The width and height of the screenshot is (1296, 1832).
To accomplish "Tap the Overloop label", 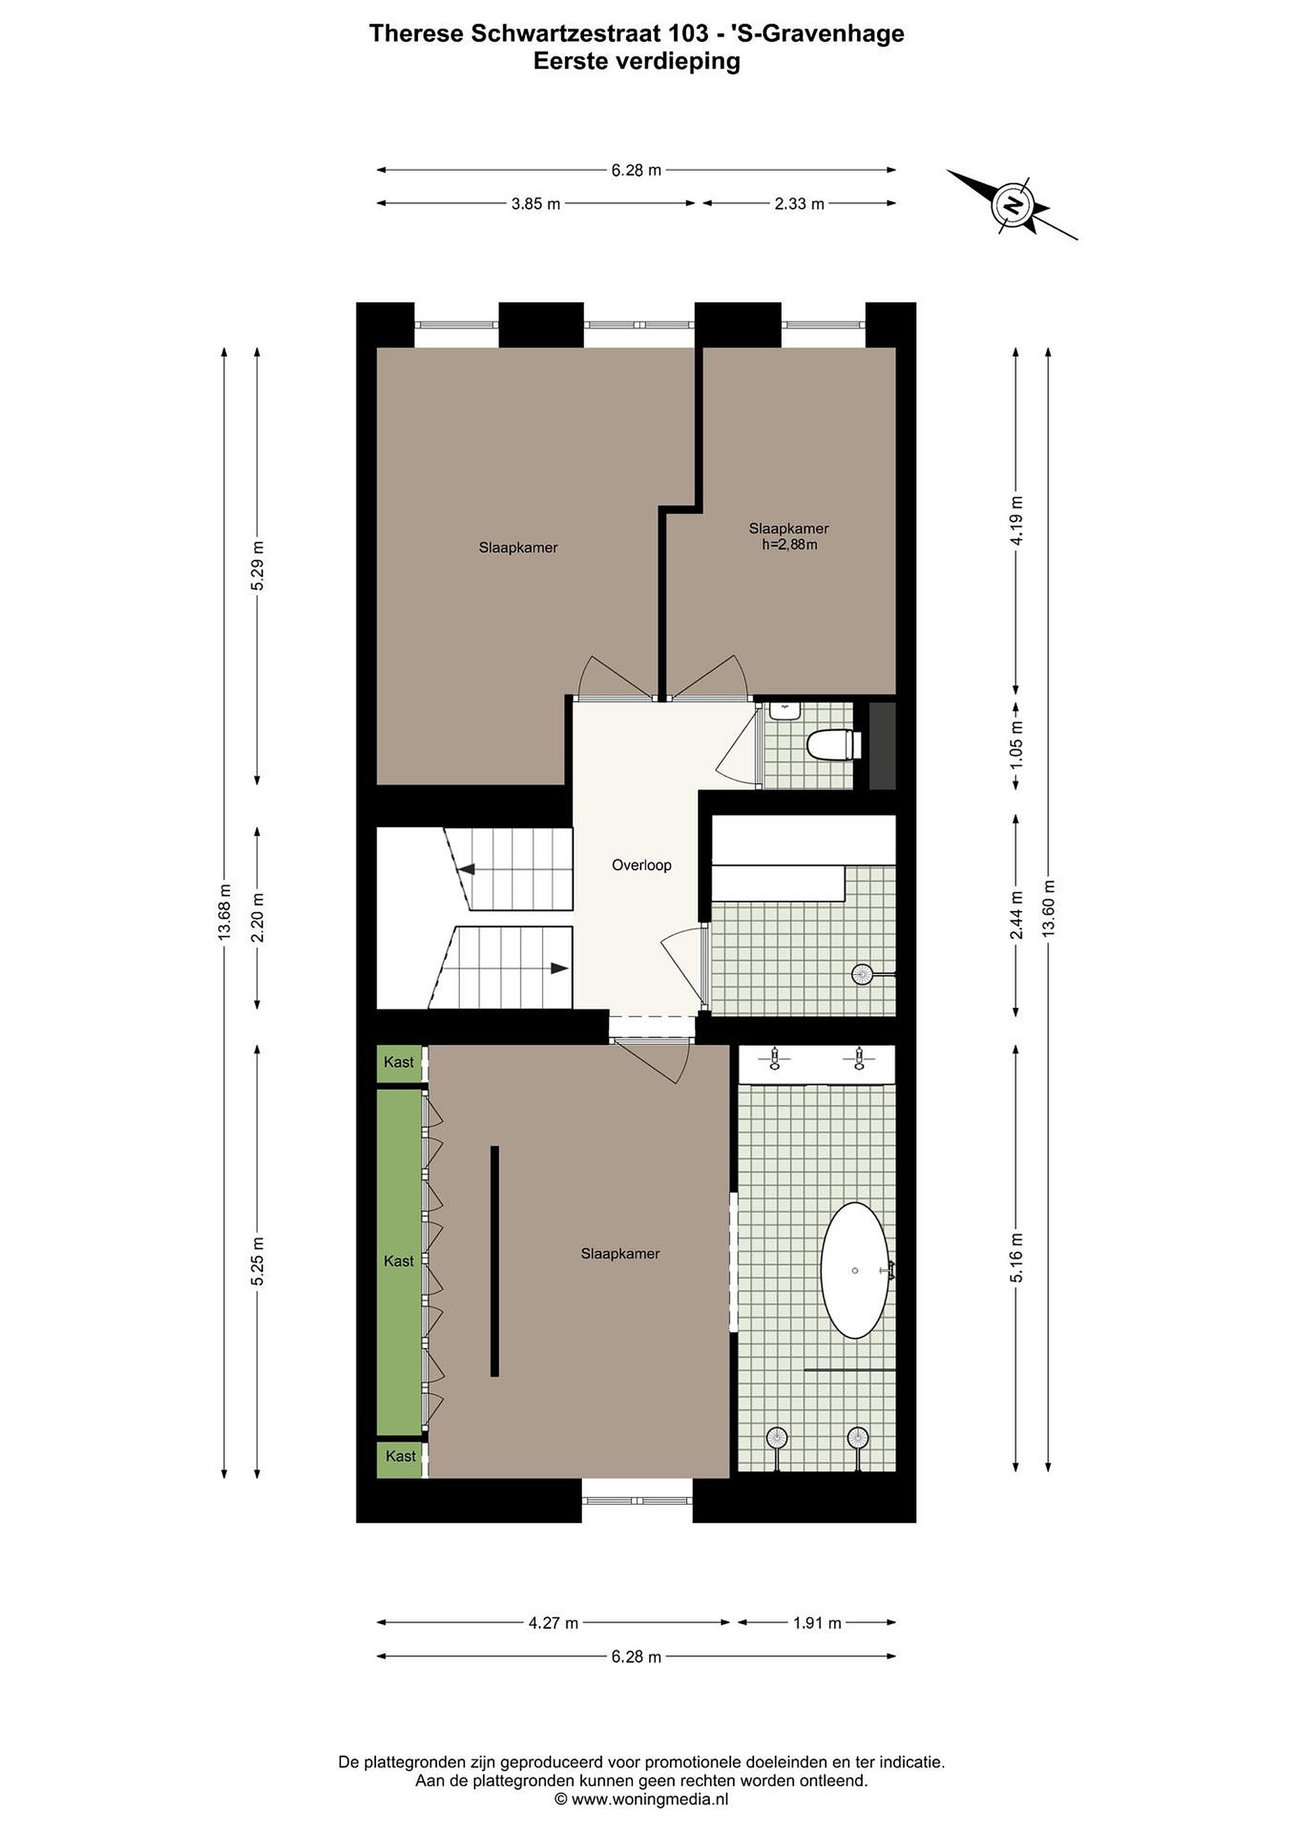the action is tap(641, 865).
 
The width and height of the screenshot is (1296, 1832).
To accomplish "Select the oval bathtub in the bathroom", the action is tap(854, 1270).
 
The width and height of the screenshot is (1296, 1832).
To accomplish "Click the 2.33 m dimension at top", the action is tap(799, 204).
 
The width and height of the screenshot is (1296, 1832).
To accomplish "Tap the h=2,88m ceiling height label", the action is tap(790, 545).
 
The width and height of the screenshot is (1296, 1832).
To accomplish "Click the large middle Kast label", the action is tap(399, 1261).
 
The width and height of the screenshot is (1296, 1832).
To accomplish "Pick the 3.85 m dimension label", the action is tap(536, 204).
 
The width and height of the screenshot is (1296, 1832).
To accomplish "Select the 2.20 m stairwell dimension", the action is tap(257, 918).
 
